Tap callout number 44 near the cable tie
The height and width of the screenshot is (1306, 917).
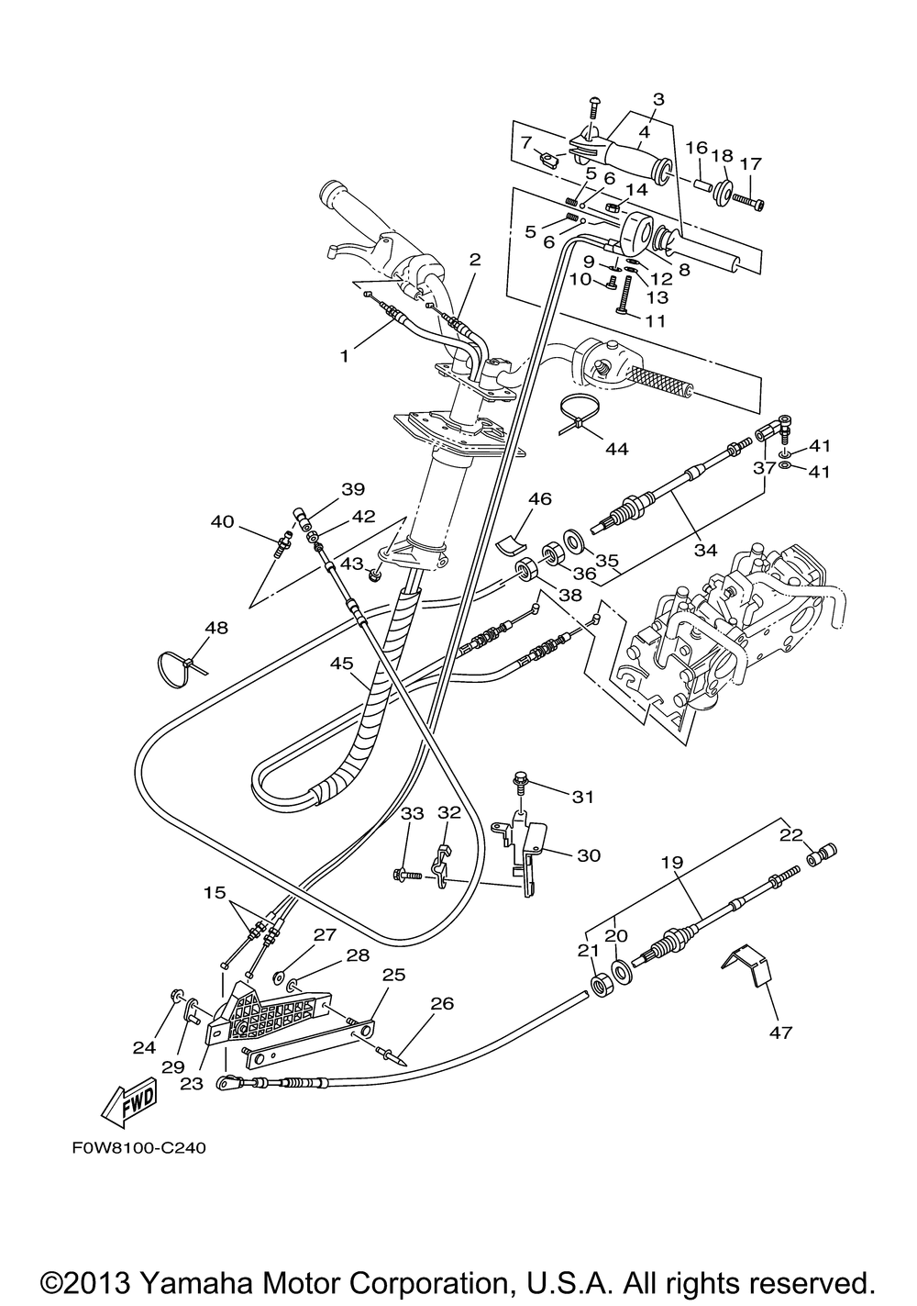click(617, 449)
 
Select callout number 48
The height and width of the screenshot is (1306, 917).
click(216, 628)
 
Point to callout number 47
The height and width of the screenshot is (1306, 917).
click(780, 1032)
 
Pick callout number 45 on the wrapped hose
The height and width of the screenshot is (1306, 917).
click(341, 664)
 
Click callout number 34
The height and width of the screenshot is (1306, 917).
click(705, 549)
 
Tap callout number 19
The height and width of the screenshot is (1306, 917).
click(672, 862)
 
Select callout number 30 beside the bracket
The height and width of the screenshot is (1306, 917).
click(589, 855)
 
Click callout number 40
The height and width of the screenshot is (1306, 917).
click(222, 521)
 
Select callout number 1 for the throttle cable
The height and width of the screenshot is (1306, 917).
click(344, 356)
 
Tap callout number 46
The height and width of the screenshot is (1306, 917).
click(540, 498)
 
